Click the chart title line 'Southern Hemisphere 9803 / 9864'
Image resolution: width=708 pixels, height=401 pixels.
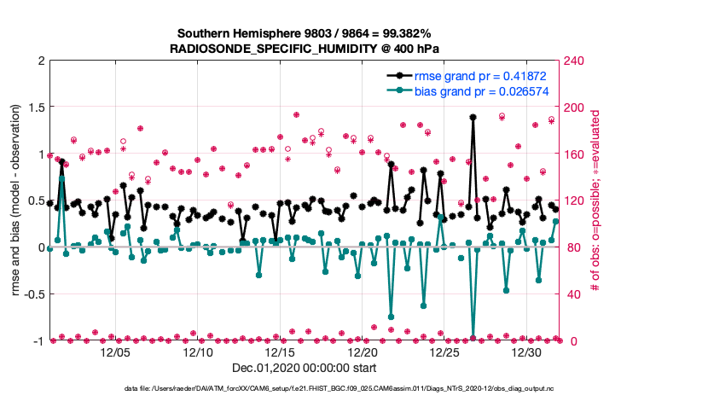(x=305, y=33)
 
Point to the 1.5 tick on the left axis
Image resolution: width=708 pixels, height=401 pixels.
(x=35, y=108)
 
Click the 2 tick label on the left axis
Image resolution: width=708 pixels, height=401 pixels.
(x=40, y=61)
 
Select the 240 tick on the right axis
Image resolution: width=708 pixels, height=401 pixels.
(x=574, y=61)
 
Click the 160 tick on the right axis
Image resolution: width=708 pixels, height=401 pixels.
(x=574, y=154)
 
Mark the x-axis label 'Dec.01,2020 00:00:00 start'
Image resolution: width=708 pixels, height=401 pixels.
(x=305, y=371)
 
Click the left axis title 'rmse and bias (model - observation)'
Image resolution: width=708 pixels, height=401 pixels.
(x=16, y=200)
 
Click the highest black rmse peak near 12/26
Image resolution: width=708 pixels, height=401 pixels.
(x=473, y=117)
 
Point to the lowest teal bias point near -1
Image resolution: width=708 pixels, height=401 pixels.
(x=473, y=339)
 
